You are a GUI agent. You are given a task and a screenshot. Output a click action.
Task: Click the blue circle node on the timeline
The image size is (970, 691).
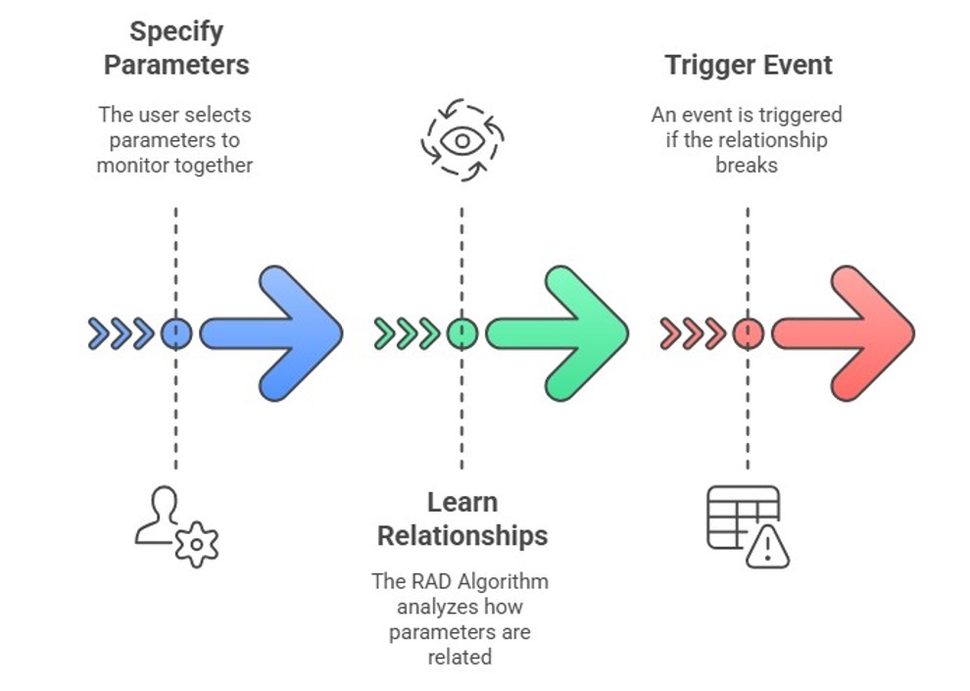coord(176,333)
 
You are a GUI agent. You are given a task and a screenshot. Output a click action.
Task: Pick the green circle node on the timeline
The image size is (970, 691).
coord(461,333)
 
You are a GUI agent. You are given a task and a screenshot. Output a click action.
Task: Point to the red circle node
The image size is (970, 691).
coord(748,333)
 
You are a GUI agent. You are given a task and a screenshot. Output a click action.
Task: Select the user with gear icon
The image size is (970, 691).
coord(176,526)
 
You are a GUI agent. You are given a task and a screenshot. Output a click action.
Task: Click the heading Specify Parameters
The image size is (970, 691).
coord(176,48)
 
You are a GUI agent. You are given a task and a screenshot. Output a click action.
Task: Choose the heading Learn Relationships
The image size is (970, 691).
coord(461,518)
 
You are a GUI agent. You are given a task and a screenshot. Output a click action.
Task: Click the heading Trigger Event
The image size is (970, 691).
coord(749,66)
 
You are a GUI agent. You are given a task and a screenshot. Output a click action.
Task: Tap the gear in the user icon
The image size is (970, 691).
coord(197,545)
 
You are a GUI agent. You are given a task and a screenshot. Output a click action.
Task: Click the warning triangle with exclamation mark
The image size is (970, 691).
coord(767,547)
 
